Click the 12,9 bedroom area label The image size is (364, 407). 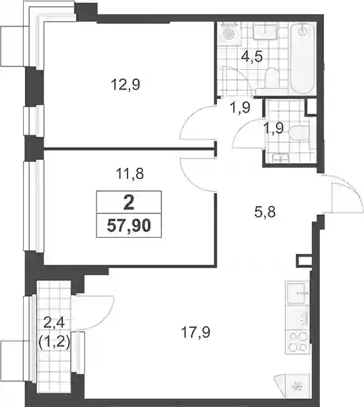pyautogui.click(x=125, y=85)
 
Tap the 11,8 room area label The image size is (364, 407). pyautogui.click(x=129, y=173)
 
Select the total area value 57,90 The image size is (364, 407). pyautogui.click(x=129, y=226)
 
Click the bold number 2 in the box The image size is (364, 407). pyautogui.click(x=129, y=202)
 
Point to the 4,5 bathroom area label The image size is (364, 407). pyautogui.click(x=252, y=57)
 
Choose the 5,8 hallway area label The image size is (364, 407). pyautogui.click(x=265, y=212)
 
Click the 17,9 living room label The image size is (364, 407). pyautogui.click(x=196, y=333)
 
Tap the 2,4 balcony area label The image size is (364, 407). pyautogui.click(x=54, y=324)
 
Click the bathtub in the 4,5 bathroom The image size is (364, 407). pyautogui.click(x=302, y=58)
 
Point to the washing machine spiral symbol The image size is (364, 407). pyautogui.click(x=229, y=33)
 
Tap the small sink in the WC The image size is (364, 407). pyautogui.click(x=280, y=158)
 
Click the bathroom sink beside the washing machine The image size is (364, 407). pyautogui.click(x=265, y=32)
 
